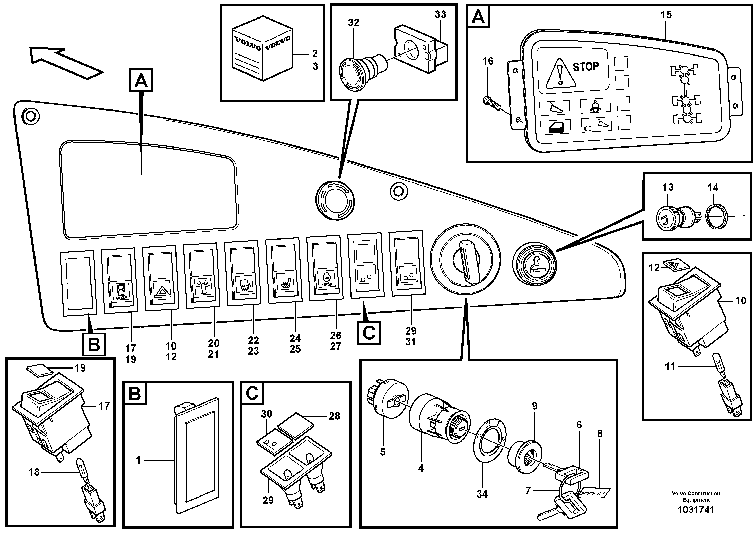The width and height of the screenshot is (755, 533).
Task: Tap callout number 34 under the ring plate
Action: tap(482, 494)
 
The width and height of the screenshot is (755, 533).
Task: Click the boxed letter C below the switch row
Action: tap(368, 333)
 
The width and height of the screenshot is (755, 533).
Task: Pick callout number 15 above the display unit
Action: tap(666, 15)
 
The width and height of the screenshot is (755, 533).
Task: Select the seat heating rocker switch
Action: tap(284, 270)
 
